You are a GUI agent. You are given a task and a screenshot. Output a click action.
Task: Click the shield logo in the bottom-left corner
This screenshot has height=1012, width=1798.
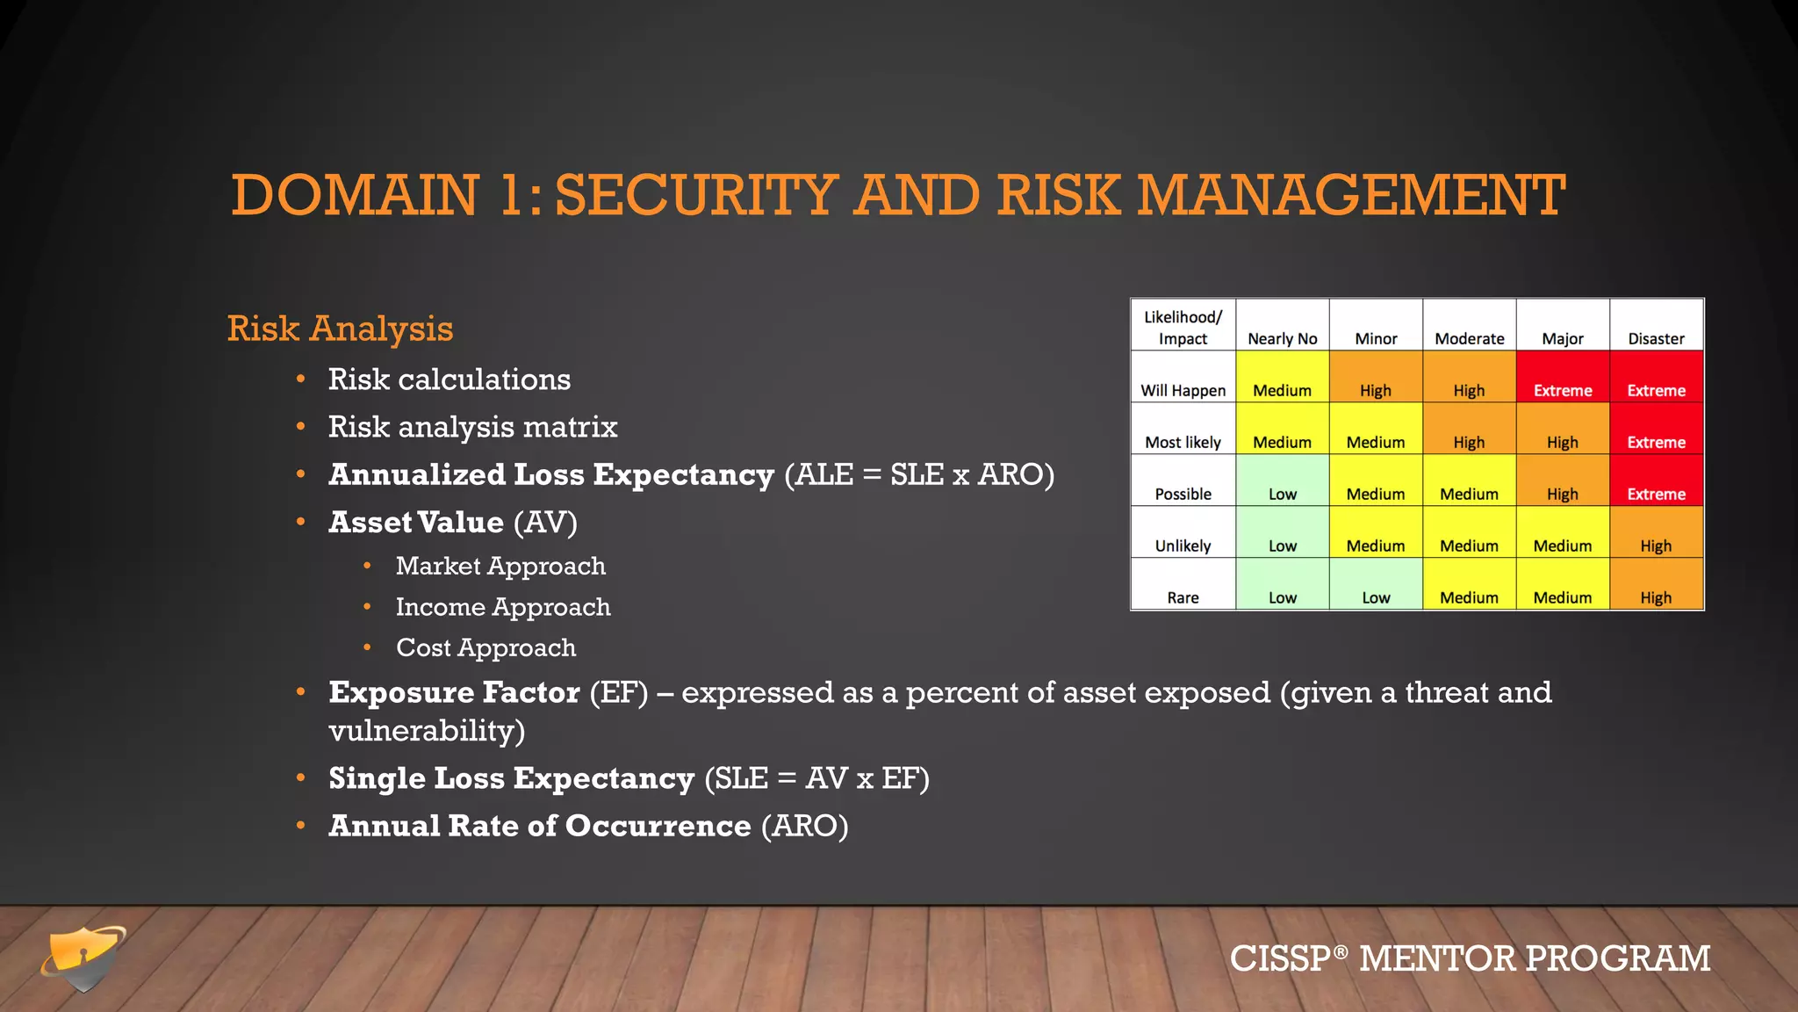pyautogui.click(x=83, y=958)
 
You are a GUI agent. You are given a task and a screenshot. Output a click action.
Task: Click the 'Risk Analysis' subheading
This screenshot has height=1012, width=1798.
pyautogui.click(x=340, y=329)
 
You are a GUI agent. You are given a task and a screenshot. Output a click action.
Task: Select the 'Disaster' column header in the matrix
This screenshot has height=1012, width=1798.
pyautogui.click(x=1656, y=338)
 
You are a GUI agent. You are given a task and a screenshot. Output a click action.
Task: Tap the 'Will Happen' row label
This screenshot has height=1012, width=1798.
pyautogui.click(x=1183, y=390)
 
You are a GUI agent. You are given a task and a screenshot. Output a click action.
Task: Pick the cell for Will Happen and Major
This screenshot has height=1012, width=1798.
pyautogui.click(x=1563, y=390)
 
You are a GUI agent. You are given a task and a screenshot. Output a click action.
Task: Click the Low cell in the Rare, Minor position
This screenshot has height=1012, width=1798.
pyautogui.click(x=1376, y=597)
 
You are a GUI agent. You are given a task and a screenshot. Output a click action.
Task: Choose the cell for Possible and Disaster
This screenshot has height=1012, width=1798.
pyautogui.click(x=1656, y=494)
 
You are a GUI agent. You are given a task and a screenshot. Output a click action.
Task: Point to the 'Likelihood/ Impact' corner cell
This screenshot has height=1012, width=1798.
pyautogui.click(x=1183, y=327)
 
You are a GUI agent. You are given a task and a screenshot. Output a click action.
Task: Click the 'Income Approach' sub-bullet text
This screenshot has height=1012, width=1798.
pyautogui.click(x=502, y=607)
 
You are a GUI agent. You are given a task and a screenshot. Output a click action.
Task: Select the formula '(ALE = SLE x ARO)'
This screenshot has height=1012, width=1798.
pyautogui.click(x=919, y=474)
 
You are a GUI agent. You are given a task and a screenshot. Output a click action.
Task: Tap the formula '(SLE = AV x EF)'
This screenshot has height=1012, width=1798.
pyautogui.click(x=816, y=778)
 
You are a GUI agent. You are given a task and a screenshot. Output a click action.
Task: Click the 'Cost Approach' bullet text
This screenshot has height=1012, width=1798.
pyautogui.click(x=485, y=647)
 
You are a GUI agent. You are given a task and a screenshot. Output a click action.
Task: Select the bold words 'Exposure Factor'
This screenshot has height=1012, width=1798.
pyautogui.click(x=454, y=692)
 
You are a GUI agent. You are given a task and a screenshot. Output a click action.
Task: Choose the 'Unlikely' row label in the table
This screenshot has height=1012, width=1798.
pyautogui.click(x=1183, y=546)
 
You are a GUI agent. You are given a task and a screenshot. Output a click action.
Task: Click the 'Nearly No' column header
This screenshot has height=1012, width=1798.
pyautogui.click(x=1282, y=338)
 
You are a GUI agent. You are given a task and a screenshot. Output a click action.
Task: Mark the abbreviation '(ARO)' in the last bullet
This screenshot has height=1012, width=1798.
pyautogui.click(x=804, y=826)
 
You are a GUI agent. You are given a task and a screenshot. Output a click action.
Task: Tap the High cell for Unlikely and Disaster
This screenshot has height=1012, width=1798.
pyautogui.click(x=1656, y=546)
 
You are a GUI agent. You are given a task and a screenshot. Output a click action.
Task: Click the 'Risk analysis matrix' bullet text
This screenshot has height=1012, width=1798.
pyautogui.click(x=472, y=427)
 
